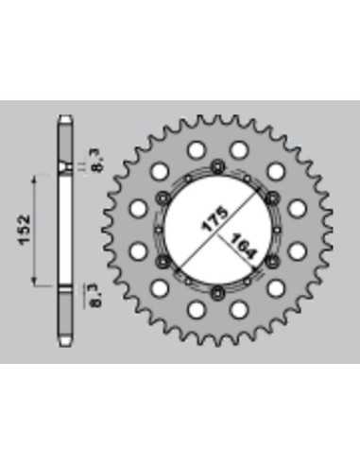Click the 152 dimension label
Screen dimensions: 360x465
[25, 230]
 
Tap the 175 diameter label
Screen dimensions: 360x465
[214, 218]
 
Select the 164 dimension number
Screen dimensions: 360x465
[243, 246]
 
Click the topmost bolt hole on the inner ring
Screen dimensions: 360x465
[218, 166]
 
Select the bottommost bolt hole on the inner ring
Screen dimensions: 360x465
[218, 293]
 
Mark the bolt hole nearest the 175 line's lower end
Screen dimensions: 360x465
[163, 261]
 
